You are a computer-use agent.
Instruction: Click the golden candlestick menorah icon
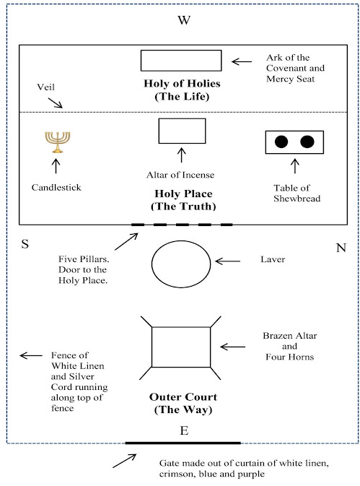point(57,142)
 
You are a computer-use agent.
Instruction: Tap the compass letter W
point(184,20)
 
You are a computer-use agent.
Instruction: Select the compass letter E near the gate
point(184,430)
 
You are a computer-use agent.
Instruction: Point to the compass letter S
point(25,244)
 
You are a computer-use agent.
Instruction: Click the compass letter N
point(341,248)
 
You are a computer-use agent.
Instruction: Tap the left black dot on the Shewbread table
point(281,142)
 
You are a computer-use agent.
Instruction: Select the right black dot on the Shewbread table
point(307,142)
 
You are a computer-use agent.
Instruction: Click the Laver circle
point(152,264)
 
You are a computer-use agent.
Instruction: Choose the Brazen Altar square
point(152,347)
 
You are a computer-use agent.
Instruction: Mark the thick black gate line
point(183,443)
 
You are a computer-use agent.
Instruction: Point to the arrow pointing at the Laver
point(227,261)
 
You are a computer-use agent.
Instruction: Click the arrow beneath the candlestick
point(56,166)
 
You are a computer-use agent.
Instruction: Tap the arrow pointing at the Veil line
point(55,103)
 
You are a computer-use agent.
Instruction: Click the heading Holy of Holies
point(182,83)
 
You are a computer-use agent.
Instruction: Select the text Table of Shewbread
point(297,193)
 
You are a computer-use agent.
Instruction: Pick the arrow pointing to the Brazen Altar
point(232,347)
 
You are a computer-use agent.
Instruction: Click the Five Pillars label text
point(84,269)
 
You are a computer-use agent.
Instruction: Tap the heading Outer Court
point(183,397)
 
